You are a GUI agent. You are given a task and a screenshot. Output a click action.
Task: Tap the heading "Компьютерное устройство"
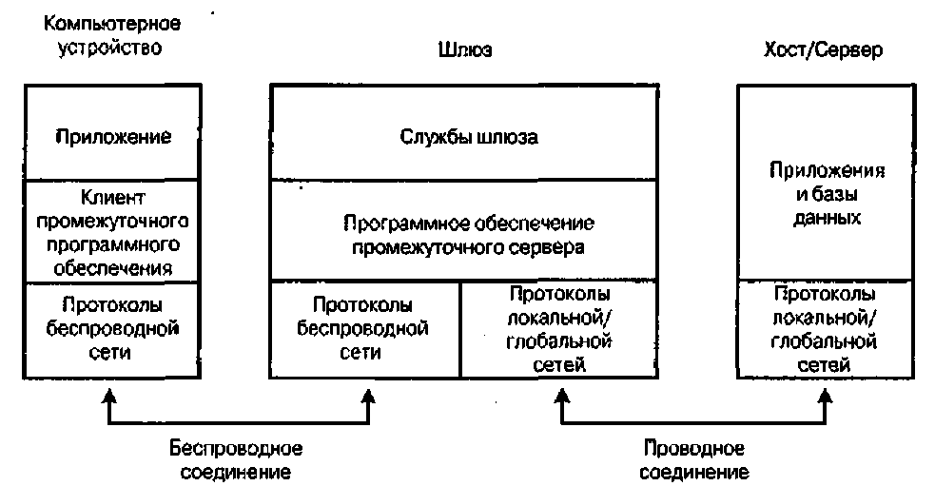point(106,35)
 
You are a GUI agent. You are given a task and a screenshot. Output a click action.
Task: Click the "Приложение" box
point(114,136)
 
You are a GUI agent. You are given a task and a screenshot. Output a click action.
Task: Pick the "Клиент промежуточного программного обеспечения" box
point(114,231)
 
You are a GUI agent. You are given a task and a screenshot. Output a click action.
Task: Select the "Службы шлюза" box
point(467,136)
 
